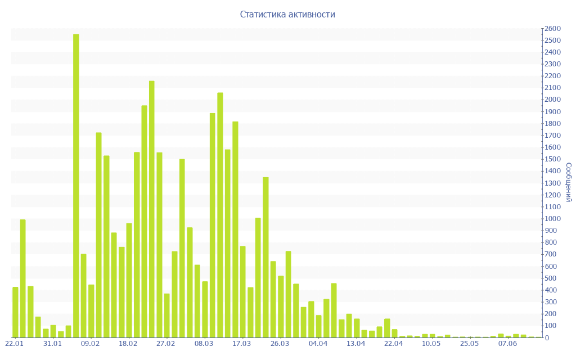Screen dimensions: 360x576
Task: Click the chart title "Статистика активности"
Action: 287,15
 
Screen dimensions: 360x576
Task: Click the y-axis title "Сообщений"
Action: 569,182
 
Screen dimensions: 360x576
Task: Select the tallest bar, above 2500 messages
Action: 76,186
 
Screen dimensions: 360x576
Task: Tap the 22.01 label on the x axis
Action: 14,343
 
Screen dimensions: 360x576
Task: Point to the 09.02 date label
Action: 90,343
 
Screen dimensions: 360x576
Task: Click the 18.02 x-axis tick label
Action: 128,343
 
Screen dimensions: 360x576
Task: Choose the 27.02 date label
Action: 166,343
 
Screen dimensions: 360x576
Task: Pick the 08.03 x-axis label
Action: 204,343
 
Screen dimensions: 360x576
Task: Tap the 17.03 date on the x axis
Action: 242,343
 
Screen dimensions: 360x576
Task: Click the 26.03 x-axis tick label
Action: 280,343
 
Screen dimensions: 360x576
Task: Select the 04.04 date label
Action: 318,343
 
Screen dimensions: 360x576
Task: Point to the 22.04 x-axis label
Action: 393,343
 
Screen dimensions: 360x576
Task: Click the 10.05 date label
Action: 431,343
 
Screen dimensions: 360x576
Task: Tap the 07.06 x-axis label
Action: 507,343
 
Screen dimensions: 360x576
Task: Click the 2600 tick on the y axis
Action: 553,29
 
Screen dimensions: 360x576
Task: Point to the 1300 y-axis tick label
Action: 553,183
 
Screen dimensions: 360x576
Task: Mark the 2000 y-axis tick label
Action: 553,100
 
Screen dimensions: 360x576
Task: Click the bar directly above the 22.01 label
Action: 16,312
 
